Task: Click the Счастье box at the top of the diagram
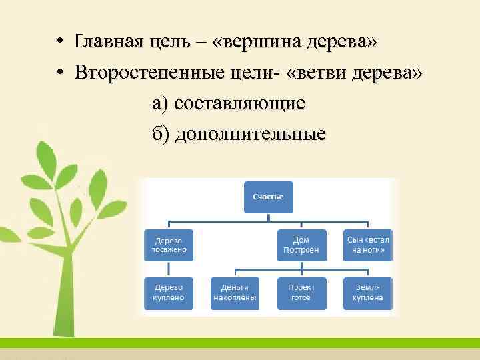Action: pyautogui.click(x=268, y=197)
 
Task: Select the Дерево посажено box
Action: pyautogui.click(x=169, y=245)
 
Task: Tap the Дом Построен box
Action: pyautogui.click(x=302, y=245)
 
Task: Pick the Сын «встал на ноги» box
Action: pyautogui.click(x=367, y=245)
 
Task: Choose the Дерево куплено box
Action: pyautogui.click(x=169, y=293)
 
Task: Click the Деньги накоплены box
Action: pyautogui.click(x=235, y=293)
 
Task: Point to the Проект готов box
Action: pyautogui.click(x=302, y=293)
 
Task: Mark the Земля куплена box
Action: pyautogui.click(x=367, y=293)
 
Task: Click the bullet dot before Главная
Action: pyautogui.click(x=60, y=42)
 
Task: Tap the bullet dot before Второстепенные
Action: pyautogui.click(x=60, y=72)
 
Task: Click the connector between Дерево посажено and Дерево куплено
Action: pyautogui.click(x=169, y=269)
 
